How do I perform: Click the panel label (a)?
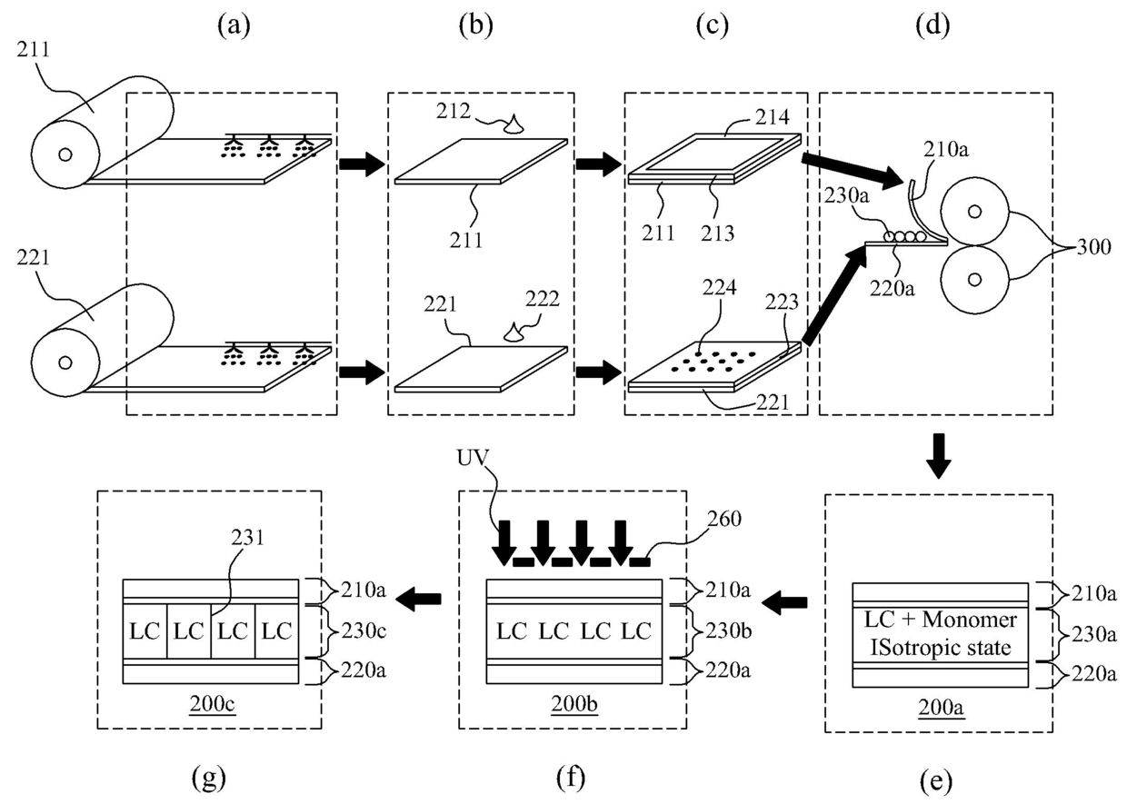[234, 26]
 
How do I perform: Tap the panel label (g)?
[209, 779]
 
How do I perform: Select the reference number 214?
[773, 117]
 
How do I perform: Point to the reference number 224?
[720, 287]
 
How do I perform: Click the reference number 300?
[1093, 247]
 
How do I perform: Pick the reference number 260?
[724, 519]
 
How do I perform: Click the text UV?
[473, 458]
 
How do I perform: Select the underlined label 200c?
[213, 704]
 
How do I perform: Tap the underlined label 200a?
[941, 708]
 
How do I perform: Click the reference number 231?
[247, 538]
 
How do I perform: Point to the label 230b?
[729, 630]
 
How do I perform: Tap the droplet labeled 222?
[514, 333]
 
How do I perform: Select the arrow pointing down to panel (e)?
[938, 455]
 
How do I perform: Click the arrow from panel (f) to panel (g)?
[419, 599]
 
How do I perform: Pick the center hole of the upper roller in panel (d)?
[974, 212]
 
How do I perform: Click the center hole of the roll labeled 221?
[65, 362]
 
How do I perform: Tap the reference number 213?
[717, 233]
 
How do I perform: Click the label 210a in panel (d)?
[946, 149]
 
